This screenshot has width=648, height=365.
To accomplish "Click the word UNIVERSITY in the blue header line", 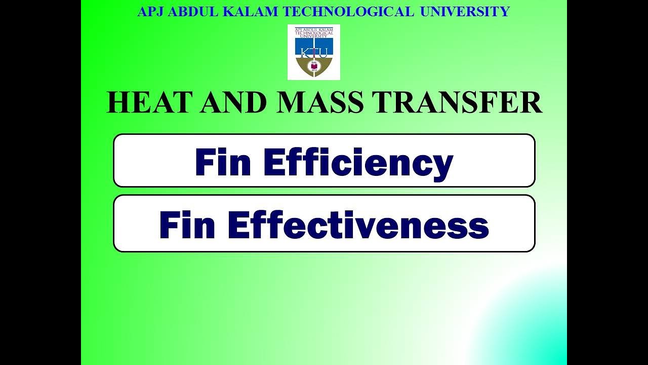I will pyautogui.click(x=465, y=12).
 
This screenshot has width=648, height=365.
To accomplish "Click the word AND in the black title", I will pyautogui.click(x=233, y=103).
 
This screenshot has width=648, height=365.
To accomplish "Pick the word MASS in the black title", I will pyautogui.click(x=320, y=103).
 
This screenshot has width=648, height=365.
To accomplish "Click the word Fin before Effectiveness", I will pyautogui.click(x=189, y=226).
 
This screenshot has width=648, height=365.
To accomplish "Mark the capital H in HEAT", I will pyautogui.click(x=119, y=103).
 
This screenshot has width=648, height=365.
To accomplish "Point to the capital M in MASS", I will pyautogui.click(x=291, y=103).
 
